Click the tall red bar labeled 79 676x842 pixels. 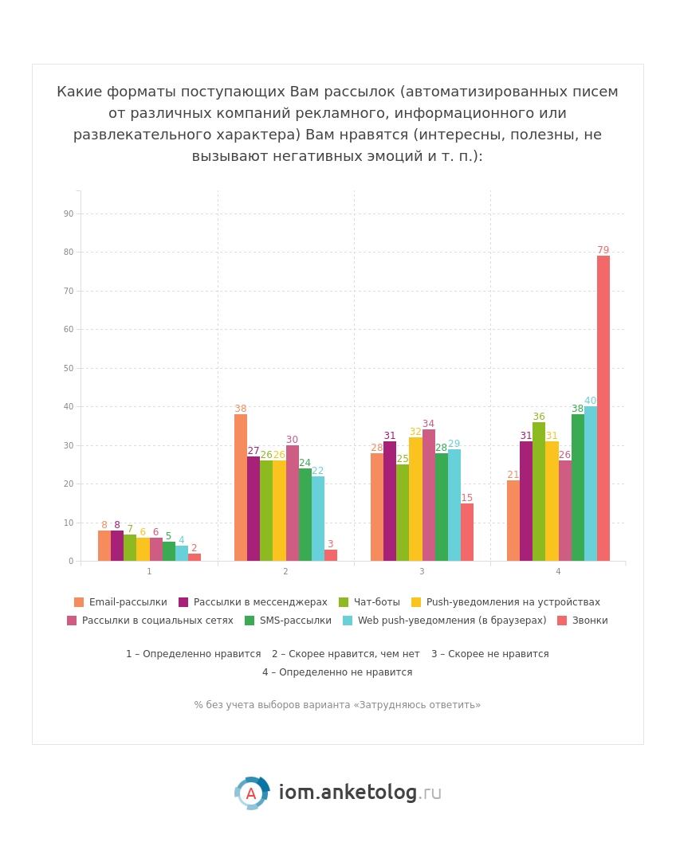[x=603, y=408]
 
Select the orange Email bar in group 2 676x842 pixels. [x=240, y=488]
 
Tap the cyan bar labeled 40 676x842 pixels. [x=590, y=484]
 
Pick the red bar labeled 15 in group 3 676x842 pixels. [x=467, y=532]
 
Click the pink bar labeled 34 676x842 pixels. [x=428, y=495]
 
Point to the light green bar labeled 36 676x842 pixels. [x=538, y=491]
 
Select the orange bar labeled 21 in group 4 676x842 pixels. [x=513, y=520]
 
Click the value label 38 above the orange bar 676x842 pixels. [x=240, y=408]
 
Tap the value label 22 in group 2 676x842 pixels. [x=317, y=471]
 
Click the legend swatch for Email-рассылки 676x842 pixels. [x=79, y=602]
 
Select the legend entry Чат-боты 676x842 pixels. [x=370, y=602]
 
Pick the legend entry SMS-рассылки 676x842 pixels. [x=288, y=621]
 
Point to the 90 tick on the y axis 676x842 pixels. [x=69, y=213]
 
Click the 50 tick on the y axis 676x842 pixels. [x=69, y=368]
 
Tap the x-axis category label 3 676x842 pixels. [x=422, y=571]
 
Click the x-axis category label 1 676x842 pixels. [x=149, y=571]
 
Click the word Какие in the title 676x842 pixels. [x=80, y=92]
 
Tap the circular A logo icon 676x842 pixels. [x=251, y=793]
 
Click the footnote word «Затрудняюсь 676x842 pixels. [x=384, y=704]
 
